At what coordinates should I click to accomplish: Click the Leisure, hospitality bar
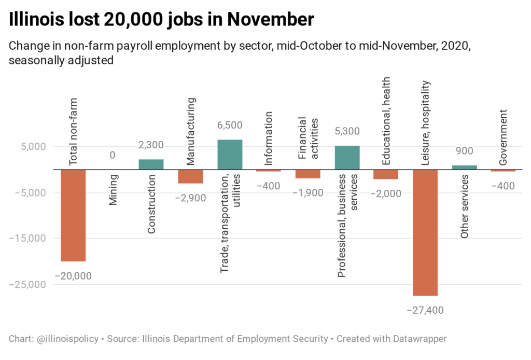[425, 232]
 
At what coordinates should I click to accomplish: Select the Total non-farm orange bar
[73, 215]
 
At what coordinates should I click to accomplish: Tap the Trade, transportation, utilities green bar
[230, 155]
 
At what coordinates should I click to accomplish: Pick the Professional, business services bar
[347, 158]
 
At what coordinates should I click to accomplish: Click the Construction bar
[151, 164]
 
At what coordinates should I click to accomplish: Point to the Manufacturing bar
[190, 176]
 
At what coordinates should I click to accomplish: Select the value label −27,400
[425, 310]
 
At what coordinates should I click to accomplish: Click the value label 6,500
[230, 125]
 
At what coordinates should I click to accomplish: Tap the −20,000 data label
[73, 276]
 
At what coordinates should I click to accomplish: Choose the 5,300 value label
[347, 131]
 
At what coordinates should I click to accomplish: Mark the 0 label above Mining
[112, 155]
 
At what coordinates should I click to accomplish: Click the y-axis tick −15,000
[29, 239]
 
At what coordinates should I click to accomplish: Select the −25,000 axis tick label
[29, 285]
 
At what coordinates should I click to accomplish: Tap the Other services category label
[465, 206]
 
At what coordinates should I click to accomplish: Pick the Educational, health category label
[386, 121]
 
